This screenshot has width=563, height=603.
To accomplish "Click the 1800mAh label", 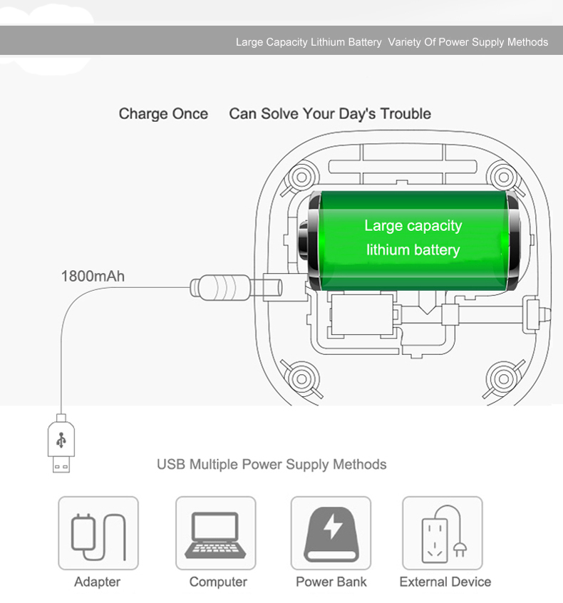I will pyautogui.click(x=93, y=275).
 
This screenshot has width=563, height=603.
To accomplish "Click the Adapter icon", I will pyautogui.click(x=98, y=533).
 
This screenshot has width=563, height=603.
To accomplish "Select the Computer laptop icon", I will pyautogui.click(x=215, y=533).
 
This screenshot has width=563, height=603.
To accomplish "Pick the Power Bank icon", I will pyautogui.click(x=331, y=533).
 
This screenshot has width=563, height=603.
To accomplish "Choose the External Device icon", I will pyautogui.click(x=443, y=533).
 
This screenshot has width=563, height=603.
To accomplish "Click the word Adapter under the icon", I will pyautogui.click(x=98, y=582).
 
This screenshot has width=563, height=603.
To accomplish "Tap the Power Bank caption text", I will pyautogui.click(x=331, y=582).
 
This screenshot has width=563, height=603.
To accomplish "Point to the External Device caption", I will pyautogui.click(x=445, y=582).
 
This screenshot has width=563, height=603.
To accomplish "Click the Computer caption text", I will pyautogui.click(x=218, y=582).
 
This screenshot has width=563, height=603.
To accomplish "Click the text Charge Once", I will pyautogui.click(x=163, y=114).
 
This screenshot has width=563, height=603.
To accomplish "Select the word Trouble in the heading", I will pyautogui.click(x=406, y=114).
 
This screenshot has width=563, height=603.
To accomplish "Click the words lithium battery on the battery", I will pyautogui.click(x=413, y=250).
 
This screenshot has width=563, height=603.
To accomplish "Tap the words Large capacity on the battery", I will pyautogui.click(x=413, y=226).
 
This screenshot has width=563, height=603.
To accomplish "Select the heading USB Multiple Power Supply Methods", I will pyautogui.click(x=272, y=465).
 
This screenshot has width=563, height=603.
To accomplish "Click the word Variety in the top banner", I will pyautogui.click(x=403, y=42).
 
